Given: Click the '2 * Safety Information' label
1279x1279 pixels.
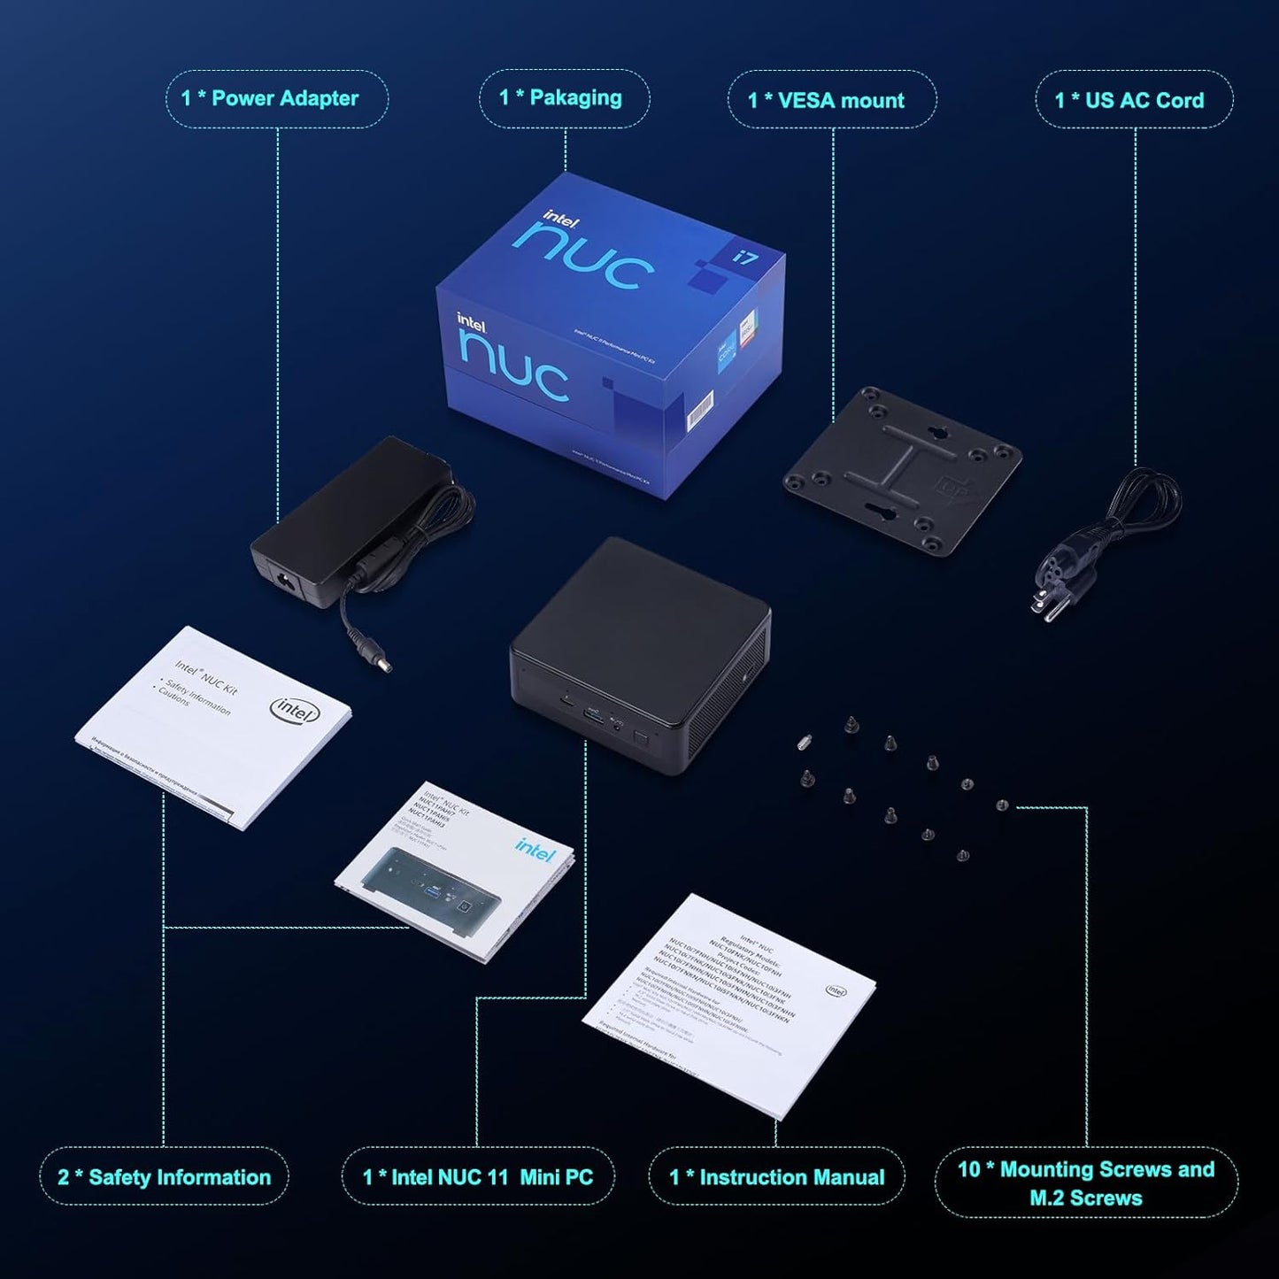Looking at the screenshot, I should [x=164, y=1176].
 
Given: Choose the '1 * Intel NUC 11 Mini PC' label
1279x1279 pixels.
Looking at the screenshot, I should [x=477, y=1176].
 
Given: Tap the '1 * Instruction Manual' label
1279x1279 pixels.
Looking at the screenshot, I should [x=776, y=1176].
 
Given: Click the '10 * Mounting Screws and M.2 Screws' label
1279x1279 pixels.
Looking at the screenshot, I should [x=1086, y=1183].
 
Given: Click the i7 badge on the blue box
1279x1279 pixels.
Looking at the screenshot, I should [x=744, y=258].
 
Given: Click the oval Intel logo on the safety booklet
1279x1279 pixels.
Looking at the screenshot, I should [x=295, y=709].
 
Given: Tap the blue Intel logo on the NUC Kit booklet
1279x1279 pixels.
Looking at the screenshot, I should [x=534, y=849].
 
